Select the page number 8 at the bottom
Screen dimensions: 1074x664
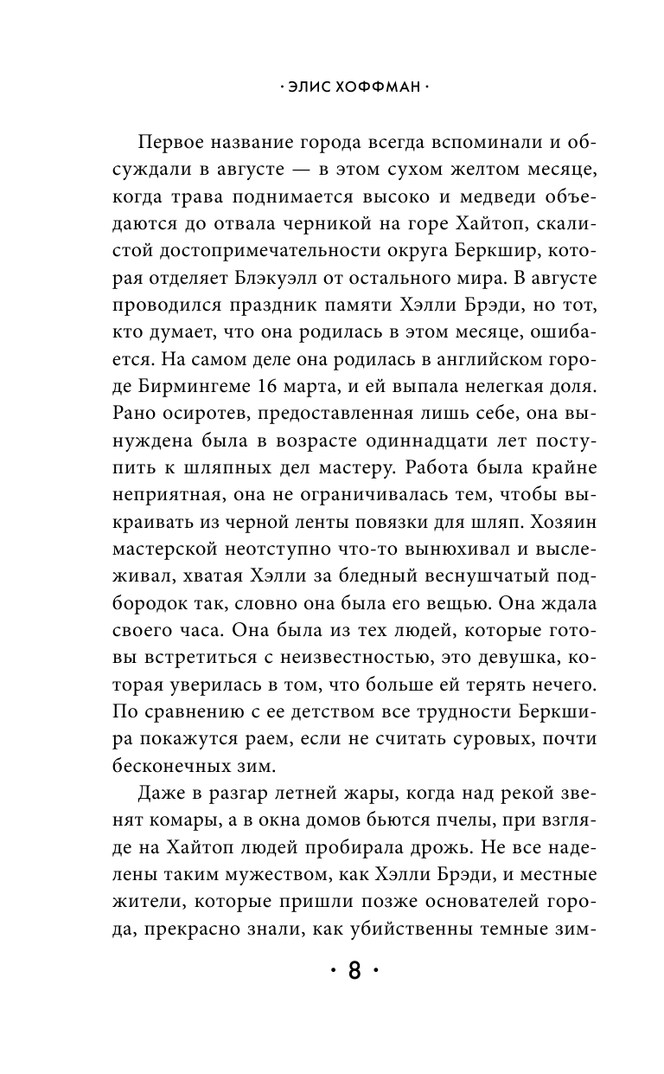[354, 970]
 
